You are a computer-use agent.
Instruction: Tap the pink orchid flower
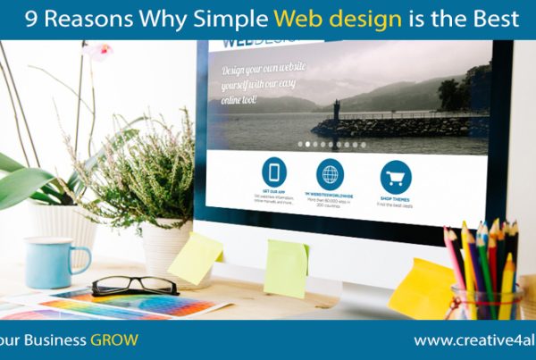[96, 51]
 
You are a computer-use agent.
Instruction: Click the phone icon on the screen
[274, 172]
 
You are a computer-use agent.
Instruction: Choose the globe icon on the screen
[330, 174]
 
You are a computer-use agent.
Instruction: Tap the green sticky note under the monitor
[286, 268]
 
